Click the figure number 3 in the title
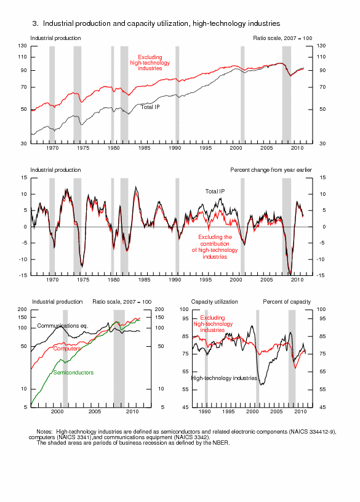coord(35,23)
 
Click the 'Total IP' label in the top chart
coord(150,107)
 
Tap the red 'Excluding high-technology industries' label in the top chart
coord(150,63)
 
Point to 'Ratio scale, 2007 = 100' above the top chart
coord(282,38)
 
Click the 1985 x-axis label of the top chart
coord(144,148)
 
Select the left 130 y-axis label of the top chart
coord(22,46)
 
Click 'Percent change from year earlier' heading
coord(271,170)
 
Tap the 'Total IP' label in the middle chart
coord(215,192)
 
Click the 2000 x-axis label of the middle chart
coord(236,280)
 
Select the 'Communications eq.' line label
coord(63,326)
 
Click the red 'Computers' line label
coord(67,349)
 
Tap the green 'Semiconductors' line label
coord(73,372)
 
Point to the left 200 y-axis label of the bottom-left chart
coord(22,309)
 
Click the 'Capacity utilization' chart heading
coord(214,302)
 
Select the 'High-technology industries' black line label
coord(224,378)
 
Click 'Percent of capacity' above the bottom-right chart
coord(287,302)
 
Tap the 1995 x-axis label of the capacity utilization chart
coord(228,411)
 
